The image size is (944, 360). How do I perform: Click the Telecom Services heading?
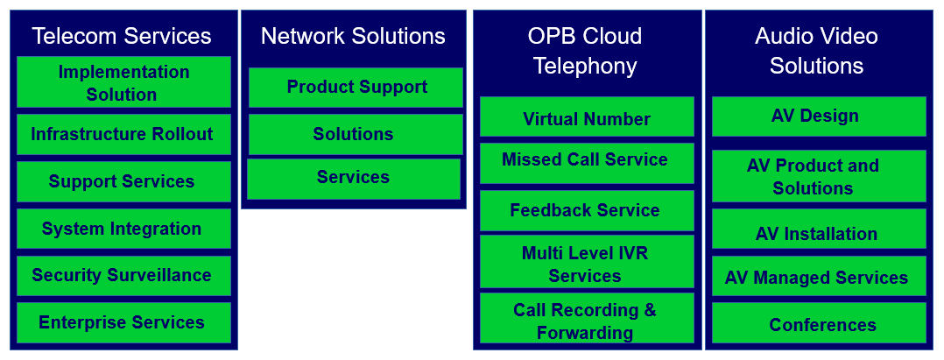[122, 36]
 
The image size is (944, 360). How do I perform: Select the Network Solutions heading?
[353, 36]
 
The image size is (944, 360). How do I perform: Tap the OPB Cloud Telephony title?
[585, 51]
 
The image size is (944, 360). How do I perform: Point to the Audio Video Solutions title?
[816, 51]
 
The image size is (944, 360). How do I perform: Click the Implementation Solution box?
[123, 82]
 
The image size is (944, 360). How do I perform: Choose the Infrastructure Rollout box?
[123, 134]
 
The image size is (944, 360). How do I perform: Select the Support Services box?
[123, 181]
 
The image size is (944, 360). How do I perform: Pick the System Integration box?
[123, 229]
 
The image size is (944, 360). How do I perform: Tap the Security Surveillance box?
[123, 275]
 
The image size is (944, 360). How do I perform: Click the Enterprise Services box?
[123, 322]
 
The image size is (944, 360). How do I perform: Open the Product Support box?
[356, 87]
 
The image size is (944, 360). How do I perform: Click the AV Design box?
[818, 116]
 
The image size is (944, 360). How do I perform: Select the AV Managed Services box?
[818, 277]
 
